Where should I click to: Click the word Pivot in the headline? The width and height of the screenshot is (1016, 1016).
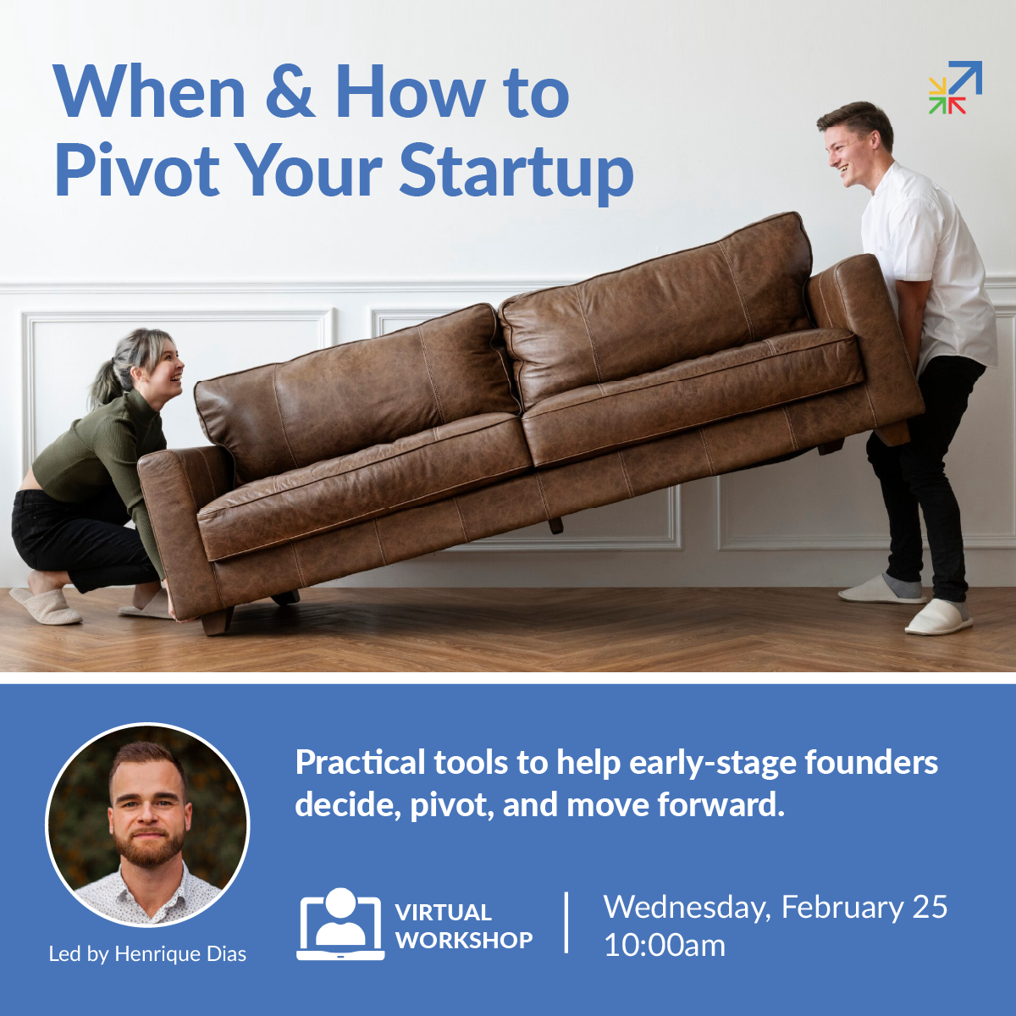[x=137, y=169]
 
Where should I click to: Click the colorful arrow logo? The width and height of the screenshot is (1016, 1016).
[x=955, y=87]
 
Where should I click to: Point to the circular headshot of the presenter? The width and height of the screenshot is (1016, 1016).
[x=147, y=825]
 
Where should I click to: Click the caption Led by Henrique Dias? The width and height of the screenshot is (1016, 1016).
[x=147, y=954]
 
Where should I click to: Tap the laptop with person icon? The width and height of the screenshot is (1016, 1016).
[x=340, y=925]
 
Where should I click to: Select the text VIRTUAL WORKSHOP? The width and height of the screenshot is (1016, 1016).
[x=464, y=926]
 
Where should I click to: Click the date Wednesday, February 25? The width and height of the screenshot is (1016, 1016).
[x=775, y=907]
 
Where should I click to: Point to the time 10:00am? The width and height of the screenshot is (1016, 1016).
[x=665, y=946]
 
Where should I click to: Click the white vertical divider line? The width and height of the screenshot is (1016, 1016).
[x=566, y=923]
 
